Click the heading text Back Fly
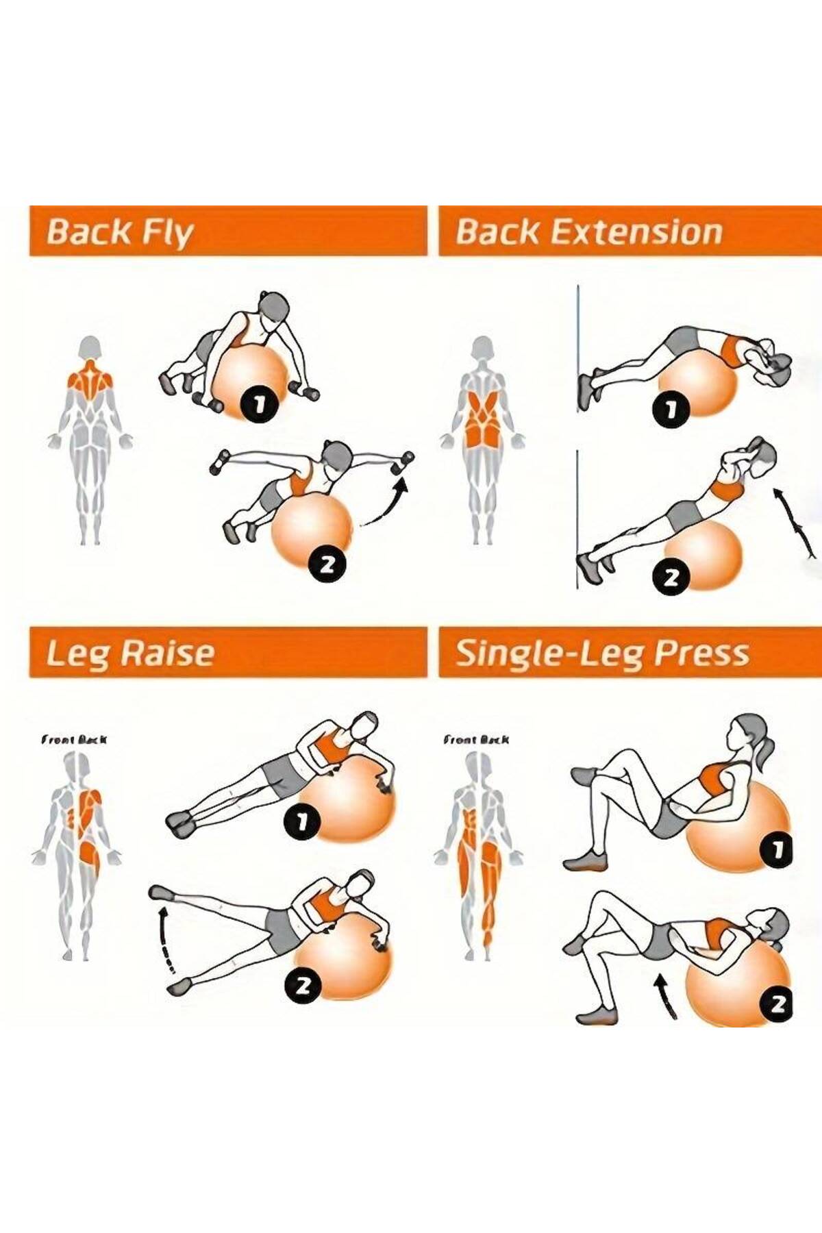pos(120,232)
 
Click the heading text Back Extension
pos(589,232)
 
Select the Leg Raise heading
pos(130,653)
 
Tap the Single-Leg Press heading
pos(602,653)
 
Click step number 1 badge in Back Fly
pos(258,404)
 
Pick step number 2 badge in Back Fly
pos(326,564)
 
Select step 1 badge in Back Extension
pos(672,410)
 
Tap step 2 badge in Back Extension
pos(671,578)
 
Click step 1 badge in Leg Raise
pos(302,822)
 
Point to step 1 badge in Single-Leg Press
pos(777,850)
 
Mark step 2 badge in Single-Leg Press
pos(777,1004)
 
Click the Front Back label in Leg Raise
pos(74,739)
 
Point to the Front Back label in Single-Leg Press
pos(476,739)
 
